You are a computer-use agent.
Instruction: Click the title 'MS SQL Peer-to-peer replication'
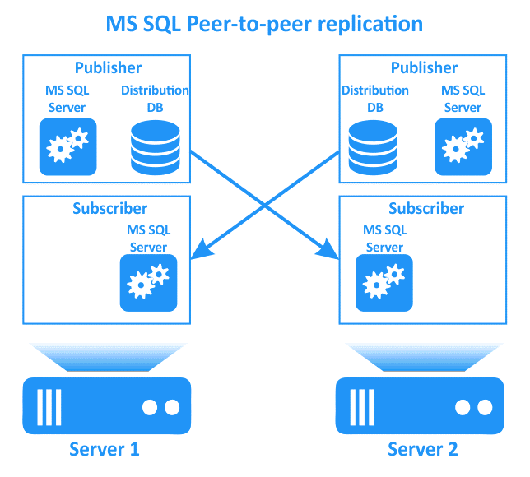click(264, 23)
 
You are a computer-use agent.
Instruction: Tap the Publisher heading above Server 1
click(108, 68)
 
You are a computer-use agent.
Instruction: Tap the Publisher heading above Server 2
click(424, 68)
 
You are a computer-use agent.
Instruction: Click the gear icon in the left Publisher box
click(67, 146)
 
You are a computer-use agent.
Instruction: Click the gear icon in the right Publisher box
click(463, 146)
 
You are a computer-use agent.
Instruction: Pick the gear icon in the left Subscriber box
click(148, 282)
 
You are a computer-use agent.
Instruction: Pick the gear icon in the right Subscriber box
click(384, 282)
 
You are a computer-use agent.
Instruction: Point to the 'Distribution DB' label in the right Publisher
click(375, 99)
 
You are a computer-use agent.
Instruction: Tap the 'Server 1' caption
click(104, 449)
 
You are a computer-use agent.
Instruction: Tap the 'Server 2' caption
click(423, 449)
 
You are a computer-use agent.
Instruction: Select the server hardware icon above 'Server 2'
click(420, 405)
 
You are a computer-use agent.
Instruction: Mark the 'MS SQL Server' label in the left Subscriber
click(148, 238)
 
